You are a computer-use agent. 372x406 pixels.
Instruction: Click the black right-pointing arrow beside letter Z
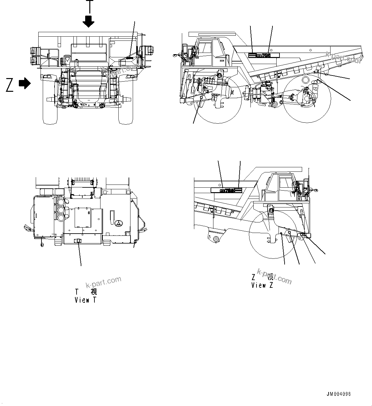[x=25, y=83]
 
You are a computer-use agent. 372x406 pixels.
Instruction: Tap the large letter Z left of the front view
[x=10, y=85]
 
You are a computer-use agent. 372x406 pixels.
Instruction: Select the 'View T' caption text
[x=85, y=300]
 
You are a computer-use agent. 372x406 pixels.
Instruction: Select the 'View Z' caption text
[x=262, y=285]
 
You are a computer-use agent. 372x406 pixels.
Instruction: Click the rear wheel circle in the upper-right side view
[x=307, y=99]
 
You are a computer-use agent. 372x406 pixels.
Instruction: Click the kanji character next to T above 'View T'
[x=93, y=291]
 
